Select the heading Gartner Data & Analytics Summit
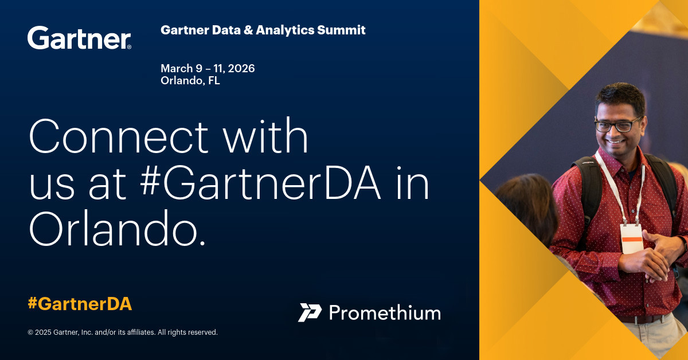tap(263, 30)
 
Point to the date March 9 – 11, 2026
tap(208, 68)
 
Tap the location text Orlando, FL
tap(190, 81)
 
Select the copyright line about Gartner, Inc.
tap(123, 332)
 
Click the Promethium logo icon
tap(310, 312)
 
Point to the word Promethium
tap(385, 313)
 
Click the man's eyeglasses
tap(617, 124)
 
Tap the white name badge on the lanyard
tap(631, 238)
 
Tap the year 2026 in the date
tap(240, 68)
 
